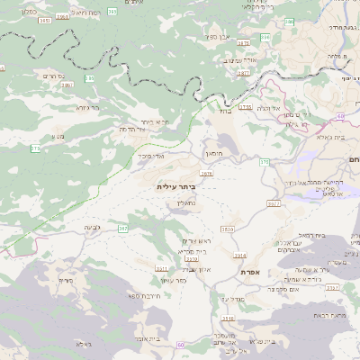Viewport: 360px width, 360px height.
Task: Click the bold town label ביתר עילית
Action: coord(175,186)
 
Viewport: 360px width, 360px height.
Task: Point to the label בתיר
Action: coord(225,112)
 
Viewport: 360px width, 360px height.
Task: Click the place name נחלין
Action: coord(185,203)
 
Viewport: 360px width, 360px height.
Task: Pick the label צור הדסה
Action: coord(132,130)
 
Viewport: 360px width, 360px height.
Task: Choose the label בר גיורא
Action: coord(87,107)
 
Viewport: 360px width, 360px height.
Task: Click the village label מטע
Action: coord(57,136)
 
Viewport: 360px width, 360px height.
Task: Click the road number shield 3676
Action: coord(206,173)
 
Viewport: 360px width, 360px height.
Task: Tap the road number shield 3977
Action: coord(273,204)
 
